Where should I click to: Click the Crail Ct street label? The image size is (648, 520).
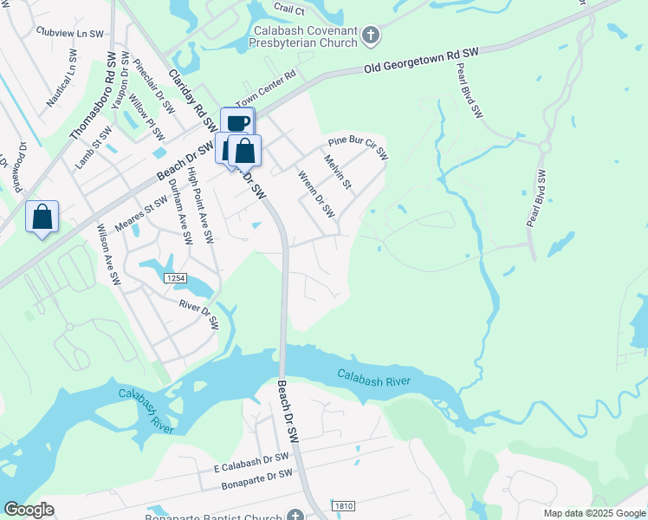[x=288, y=10]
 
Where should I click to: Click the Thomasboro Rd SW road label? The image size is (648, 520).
[x=93, y=96]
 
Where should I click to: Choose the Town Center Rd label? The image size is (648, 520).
[x=265, y=86]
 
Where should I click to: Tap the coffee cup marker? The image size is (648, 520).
[x=237, y=124]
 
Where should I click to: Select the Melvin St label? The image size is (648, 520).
[x=337, y=172]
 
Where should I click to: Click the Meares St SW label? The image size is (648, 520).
[x=140, y=215]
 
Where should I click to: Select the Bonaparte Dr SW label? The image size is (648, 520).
[x=257, y=480]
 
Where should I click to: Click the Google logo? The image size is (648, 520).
[x=29, y=510]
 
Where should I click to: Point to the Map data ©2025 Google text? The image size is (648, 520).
[x=594, y=513]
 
